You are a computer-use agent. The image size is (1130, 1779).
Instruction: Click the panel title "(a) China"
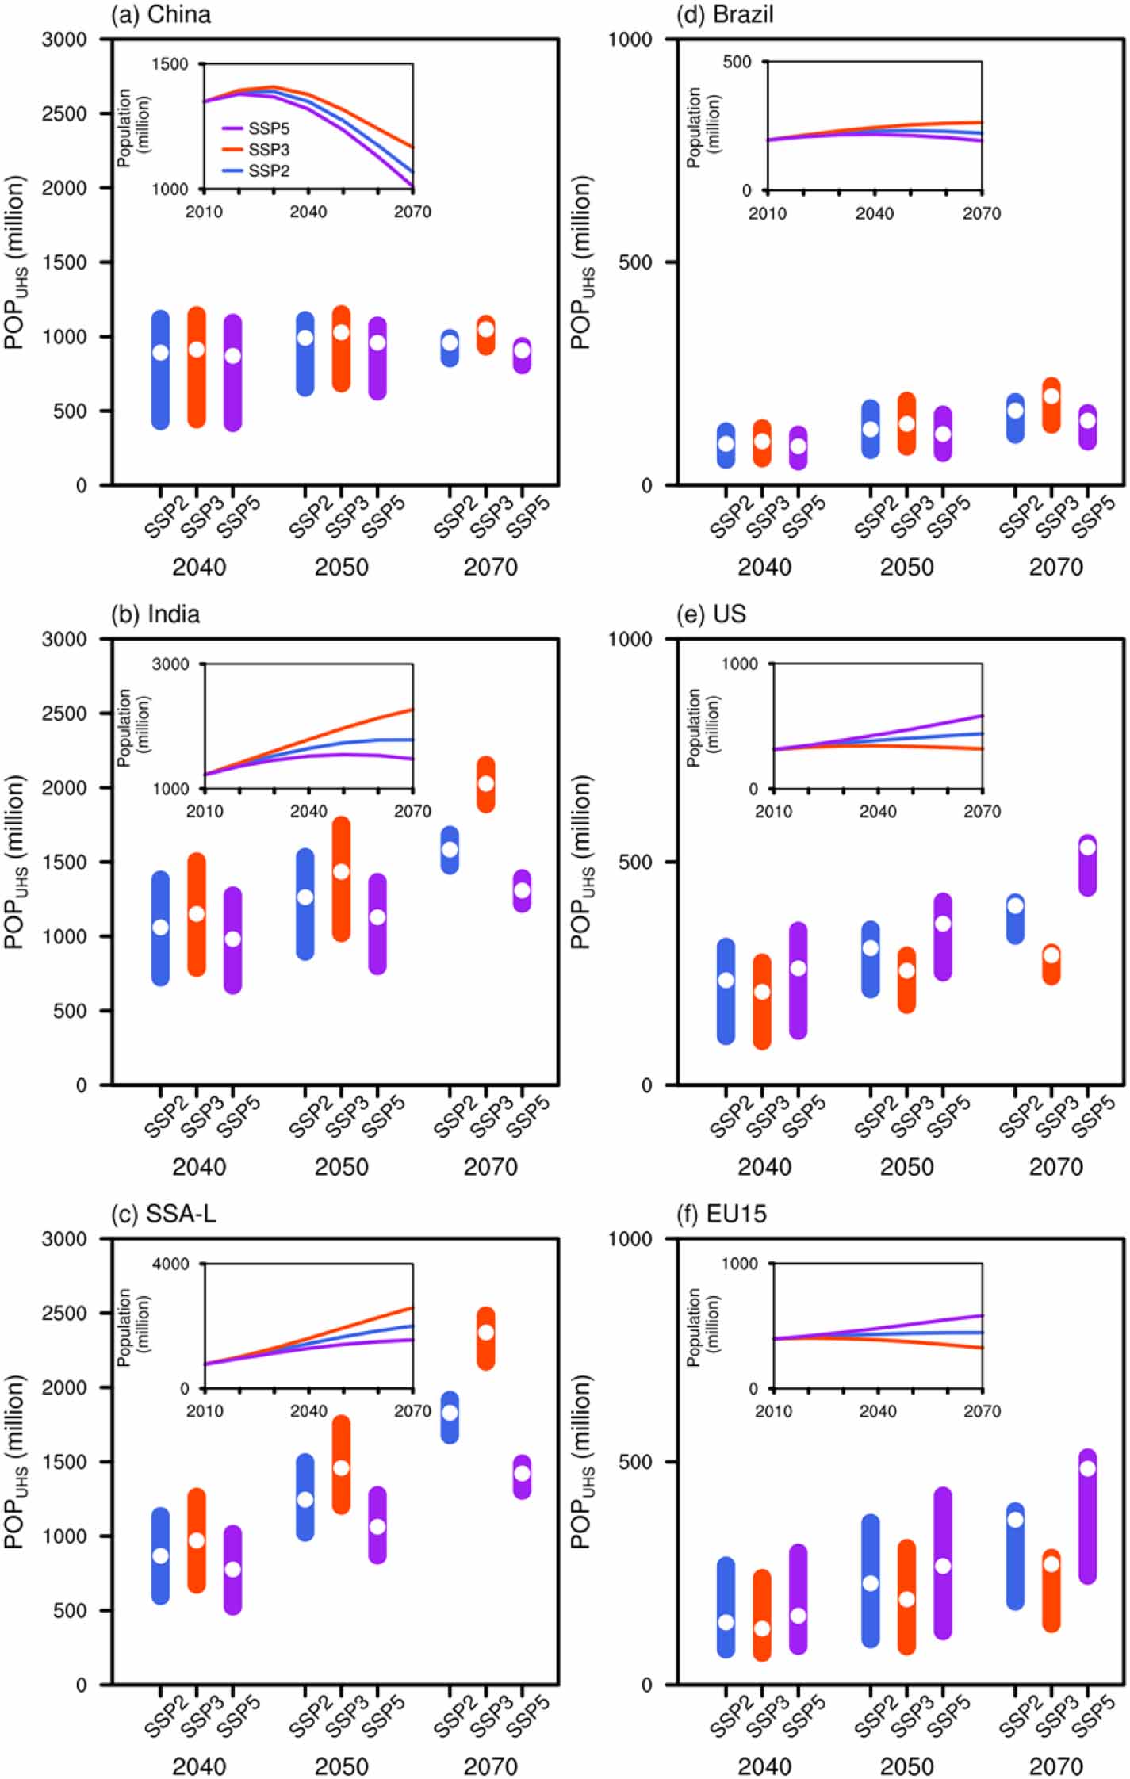pos(161,14)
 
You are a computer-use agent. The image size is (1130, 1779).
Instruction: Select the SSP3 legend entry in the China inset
pos(268,150)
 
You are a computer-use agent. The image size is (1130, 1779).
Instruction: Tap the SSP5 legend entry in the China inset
pos(268,128)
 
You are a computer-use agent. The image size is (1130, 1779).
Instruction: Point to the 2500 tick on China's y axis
pos(64,113)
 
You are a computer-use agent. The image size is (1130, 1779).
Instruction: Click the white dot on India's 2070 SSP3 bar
pos(485,783)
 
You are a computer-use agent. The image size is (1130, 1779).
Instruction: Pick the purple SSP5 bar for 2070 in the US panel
pos(1087,866)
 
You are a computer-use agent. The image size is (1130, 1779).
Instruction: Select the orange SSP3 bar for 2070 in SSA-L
pos(485,1338)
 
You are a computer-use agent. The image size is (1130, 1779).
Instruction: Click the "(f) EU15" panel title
pos(721,1214)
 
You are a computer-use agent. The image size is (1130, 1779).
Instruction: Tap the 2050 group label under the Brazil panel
pos(906,567)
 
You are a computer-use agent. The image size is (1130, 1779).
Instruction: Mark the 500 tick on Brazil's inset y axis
pos(737,62)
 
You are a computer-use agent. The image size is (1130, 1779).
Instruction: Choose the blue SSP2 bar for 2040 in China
pos(160,370)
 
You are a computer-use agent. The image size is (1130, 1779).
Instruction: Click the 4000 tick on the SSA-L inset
pos(170,1264)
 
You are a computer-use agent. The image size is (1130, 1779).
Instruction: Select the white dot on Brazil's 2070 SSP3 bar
pos(1051,396)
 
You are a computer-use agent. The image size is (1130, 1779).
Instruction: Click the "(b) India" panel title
pos(155,614)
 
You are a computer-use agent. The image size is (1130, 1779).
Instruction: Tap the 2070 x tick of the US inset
pos(982,811)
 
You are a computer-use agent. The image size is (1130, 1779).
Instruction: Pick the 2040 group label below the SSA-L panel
pos(199,1766)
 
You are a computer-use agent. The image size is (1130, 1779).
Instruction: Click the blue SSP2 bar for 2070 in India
pos(450,850)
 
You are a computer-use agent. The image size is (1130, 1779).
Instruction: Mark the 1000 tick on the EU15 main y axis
pos(630,1238)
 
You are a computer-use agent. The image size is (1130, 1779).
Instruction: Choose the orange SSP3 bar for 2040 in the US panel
pos(762,1002)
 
